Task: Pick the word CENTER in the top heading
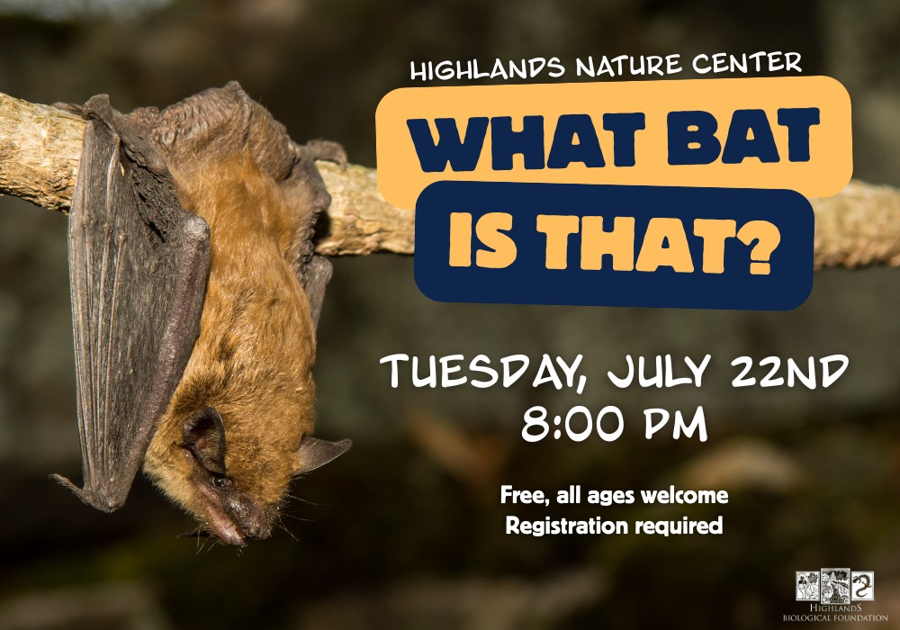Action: (745, 62)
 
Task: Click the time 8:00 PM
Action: (614, 425)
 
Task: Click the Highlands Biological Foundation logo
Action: (835, 595)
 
